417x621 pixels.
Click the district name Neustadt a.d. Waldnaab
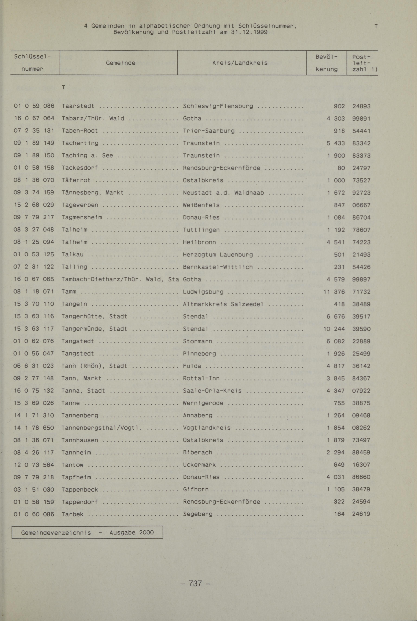coord(223,193)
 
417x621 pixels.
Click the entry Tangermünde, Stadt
coord(94,329)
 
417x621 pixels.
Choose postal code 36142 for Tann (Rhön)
coord(361,366)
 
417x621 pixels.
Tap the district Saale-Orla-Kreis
coord(212,391)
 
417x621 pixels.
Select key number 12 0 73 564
coord(34,465)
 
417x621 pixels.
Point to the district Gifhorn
coord(196,489)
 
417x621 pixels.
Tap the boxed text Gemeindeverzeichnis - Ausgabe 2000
coord(87,532)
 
